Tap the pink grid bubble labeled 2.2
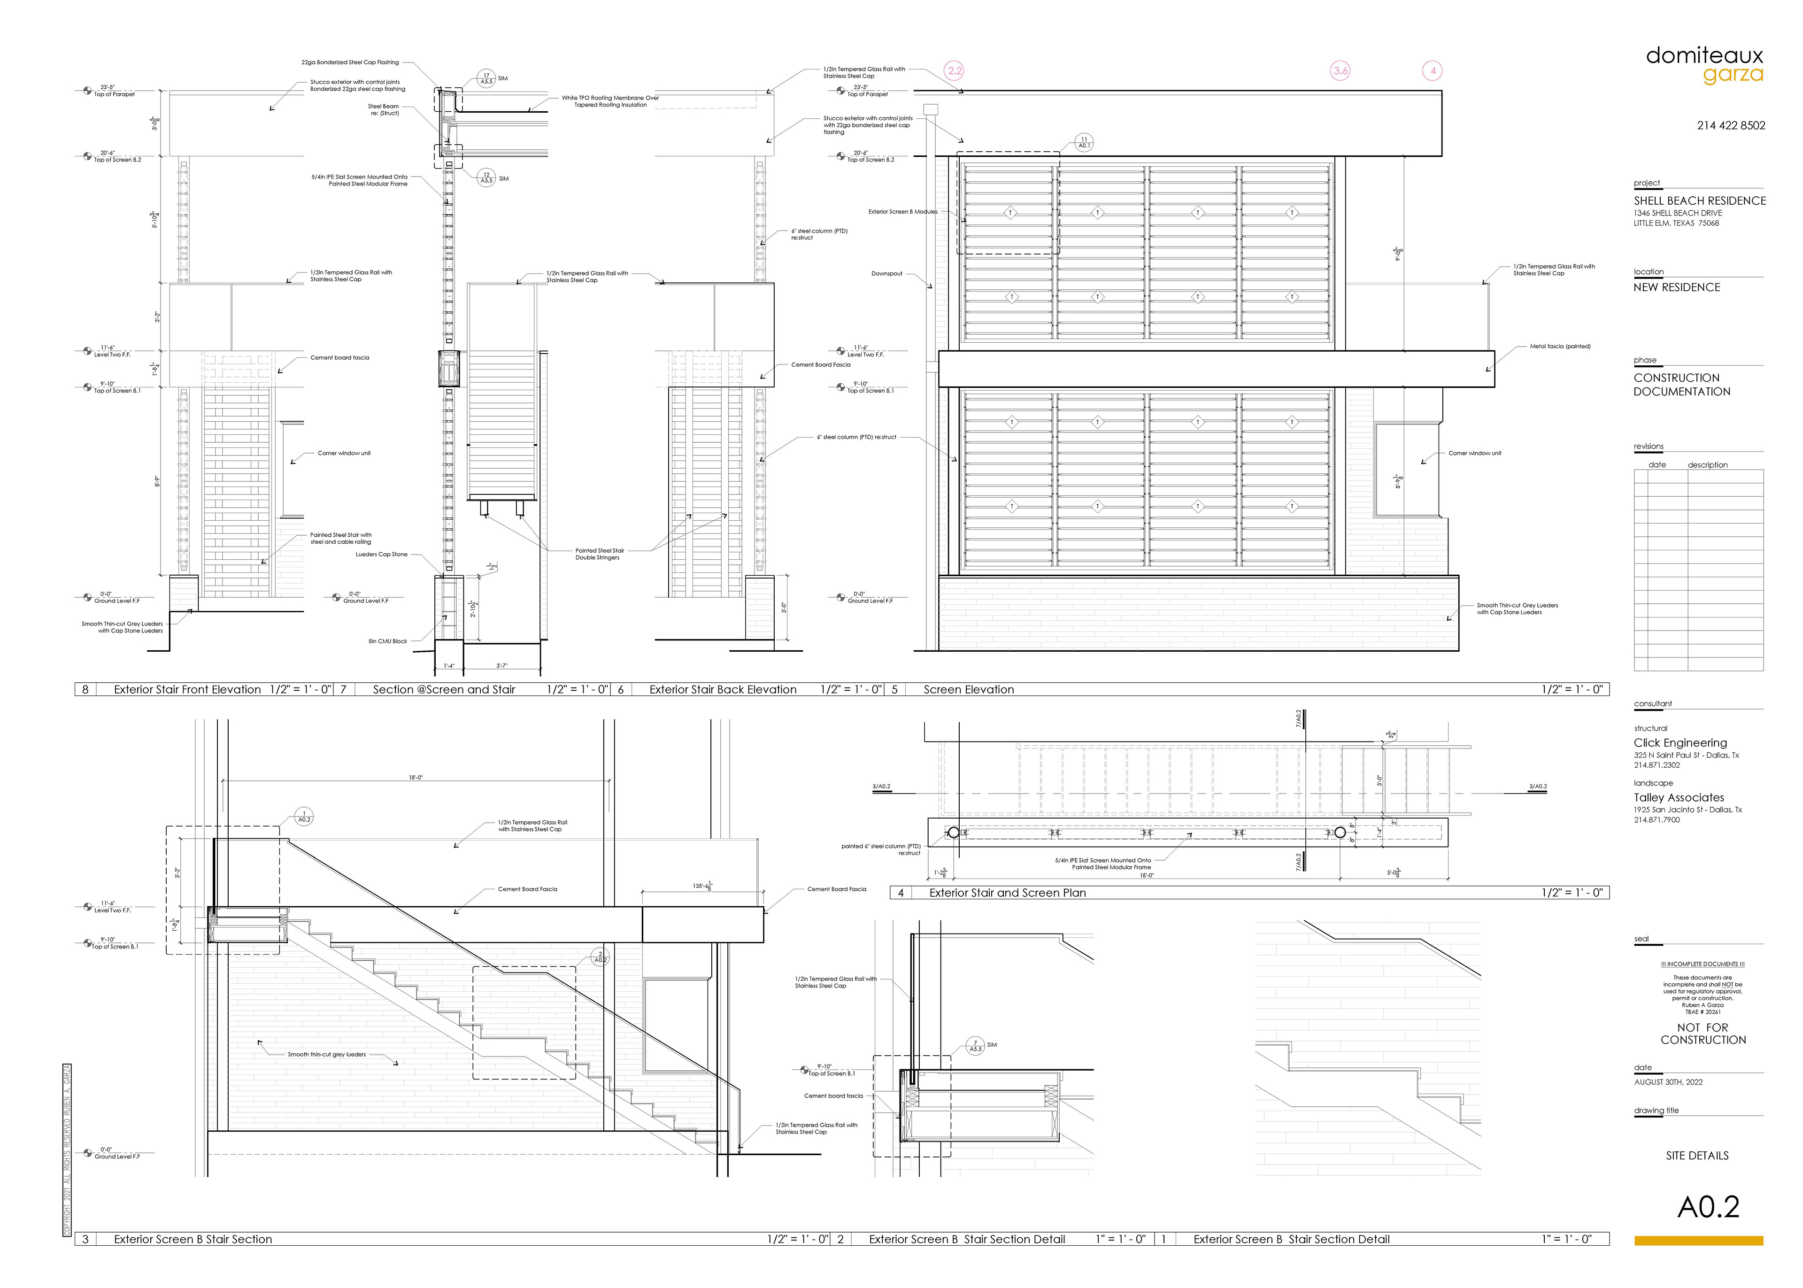tap(955, 70)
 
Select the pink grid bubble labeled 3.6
tap(1340, 70)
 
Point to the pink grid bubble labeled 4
tap(1433, 70)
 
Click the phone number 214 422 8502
tap(1731, 125)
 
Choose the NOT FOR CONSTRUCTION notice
tap(1703, 1033)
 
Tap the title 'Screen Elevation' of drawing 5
tap(968, 689)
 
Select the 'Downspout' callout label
tap(886, 274)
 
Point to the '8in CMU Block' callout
tap(388, 641)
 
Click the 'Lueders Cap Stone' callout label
tap(381, 555)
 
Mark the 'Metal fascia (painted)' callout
tap(1560, 347)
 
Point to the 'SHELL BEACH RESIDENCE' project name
tap(1699, 201)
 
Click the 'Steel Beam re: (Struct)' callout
tap(384, 109)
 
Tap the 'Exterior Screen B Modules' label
tap(902, 212)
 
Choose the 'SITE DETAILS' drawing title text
tap(1697, 1156)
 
